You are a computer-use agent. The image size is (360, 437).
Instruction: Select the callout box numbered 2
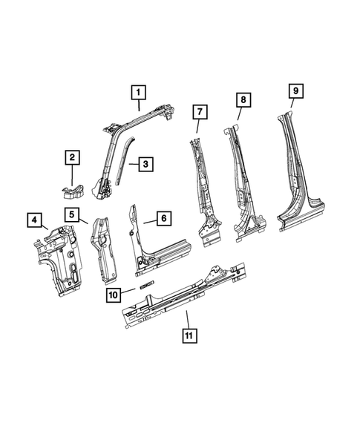coord(71,157)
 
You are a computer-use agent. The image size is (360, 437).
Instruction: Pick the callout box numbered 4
coord(33,219)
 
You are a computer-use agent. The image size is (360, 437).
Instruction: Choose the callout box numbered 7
coord(199,112)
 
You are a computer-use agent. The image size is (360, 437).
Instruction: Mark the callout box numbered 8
coord(243,99)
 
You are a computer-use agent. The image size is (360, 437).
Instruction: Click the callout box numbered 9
coord(295,91)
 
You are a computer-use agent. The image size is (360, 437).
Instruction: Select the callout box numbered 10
coord(113,293)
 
